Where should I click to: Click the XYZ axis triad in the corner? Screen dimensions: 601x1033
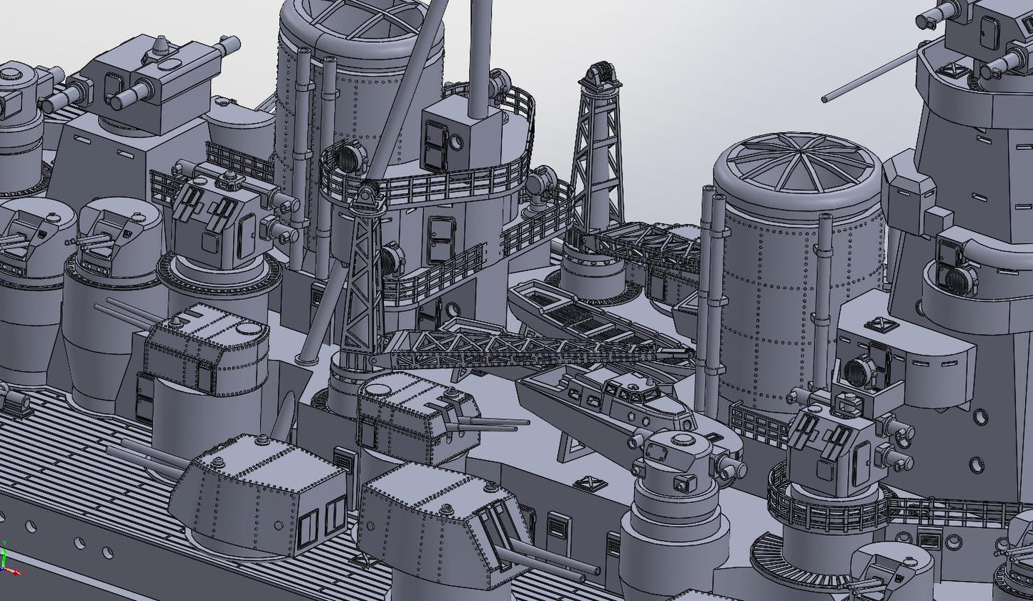tap(9, 562)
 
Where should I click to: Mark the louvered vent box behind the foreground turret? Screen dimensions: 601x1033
tap(343, 462)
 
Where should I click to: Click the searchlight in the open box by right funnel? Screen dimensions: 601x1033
tap(857, 371)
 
